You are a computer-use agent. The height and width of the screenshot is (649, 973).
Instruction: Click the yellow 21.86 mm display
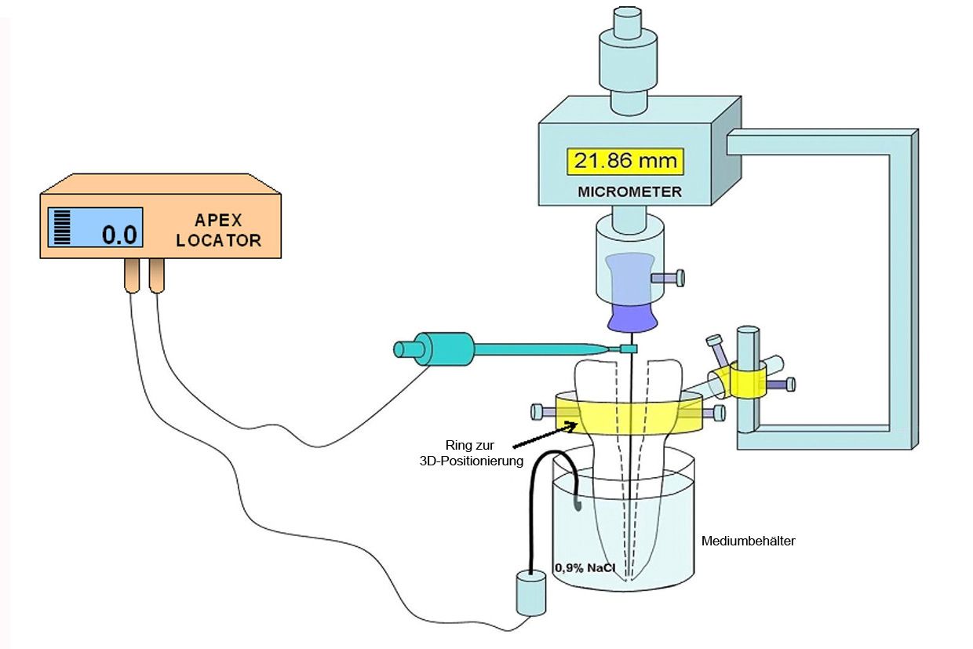point(625,162)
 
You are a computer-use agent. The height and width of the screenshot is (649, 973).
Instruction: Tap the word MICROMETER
point(630,191)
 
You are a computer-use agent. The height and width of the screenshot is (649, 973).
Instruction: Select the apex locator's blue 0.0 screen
point(95,228)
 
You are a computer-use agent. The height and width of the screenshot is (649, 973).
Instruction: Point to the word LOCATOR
point(218,241)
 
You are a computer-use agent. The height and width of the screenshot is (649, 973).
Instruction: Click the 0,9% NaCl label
point(585,567)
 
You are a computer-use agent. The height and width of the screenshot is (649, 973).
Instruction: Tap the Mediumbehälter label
point(749,541)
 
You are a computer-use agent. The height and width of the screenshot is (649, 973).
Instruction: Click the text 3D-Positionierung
point(471,461)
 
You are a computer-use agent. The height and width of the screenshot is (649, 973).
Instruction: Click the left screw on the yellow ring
point(541,410)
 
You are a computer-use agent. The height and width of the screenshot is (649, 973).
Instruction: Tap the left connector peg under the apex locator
point(131,276)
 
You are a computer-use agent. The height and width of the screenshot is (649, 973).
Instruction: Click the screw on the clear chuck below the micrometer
point(669,278)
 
